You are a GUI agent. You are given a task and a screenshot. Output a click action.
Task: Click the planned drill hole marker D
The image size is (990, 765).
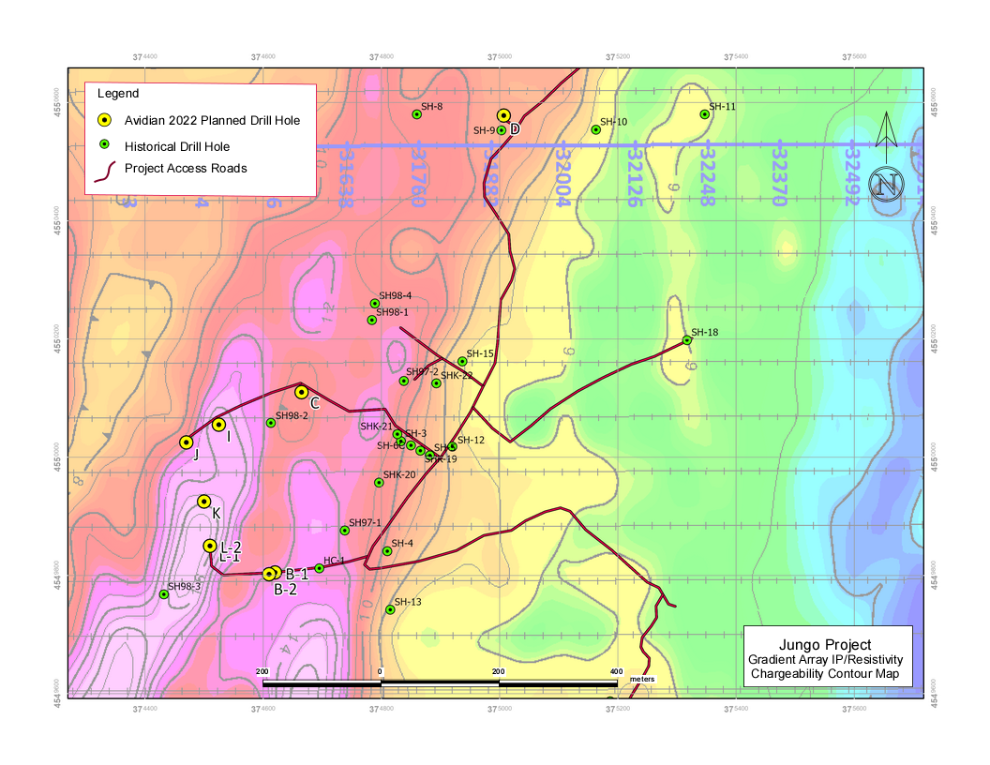tap(503, 116)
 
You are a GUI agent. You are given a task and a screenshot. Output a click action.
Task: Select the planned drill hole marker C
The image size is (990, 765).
tap(301, 392)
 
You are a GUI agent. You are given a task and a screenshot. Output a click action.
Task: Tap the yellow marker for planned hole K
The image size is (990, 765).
tap(203, 502)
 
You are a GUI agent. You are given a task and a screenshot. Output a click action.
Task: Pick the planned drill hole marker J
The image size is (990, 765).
tap(187, 442)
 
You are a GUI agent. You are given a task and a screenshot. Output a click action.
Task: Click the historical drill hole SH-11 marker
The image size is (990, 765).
tap(705, 114)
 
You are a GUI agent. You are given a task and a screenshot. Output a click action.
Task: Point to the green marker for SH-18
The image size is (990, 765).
tap(687, 340)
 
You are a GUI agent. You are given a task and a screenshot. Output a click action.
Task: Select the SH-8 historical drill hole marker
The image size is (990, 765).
tap(417, 114)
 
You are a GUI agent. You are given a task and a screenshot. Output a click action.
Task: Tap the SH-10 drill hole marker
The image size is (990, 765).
tap(596, 129)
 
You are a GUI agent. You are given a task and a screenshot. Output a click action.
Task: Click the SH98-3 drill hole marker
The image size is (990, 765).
tap(164, 593)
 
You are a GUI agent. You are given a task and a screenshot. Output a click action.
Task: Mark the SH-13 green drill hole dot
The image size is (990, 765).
tap(390, 609)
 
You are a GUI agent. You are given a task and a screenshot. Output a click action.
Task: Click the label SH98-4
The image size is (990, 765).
tap(395, 296)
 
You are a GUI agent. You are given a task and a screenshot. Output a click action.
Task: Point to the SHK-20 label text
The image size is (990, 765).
tap(399, 474)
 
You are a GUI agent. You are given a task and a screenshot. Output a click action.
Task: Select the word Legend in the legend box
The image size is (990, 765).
tap(118, 94)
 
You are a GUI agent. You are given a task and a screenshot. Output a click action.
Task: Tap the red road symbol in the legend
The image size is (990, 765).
tap(105, 169)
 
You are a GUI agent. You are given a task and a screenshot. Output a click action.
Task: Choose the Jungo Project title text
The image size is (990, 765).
tap(825, 645)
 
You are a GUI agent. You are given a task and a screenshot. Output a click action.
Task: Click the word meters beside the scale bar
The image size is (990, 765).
tap(641, 678)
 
